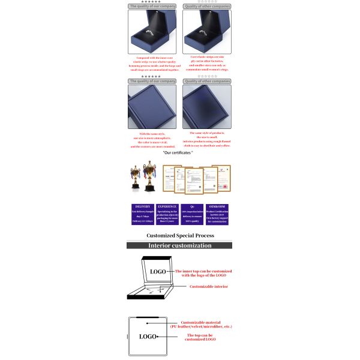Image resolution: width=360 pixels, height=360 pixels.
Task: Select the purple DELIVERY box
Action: pos(143,214)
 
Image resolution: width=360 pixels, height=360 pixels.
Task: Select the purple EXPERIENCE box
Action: pos(167,214)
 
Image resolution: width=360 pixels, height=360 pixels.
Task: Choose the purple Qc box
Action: pos(191,214)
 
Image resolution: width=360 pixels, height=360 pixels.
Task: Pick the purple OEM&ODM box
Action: pos(217,214)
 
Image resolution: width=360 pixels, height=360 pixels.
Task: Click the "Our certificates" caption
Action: pos(178,153)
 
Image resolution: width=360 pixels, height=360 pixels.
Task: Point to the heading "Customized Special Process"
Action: pos(180,236)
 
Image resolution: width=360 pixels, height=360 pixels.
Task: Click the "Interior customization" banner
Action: pos(179,245)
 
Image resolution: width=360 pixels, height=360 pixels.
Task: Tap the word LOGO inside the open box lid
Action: pos(158,272)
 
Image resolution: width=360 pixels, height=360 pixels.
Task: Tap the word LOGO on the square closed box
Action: pos(148,336)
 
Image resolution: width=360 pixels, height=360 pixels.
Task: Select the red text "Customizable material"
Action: pos(200,322)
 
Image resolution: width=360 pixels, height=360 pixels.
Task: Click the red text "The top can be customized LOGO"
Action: pos(201,337)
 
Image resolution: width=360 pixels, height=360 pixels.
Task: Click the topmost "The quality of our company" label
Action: pos(152,6)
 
